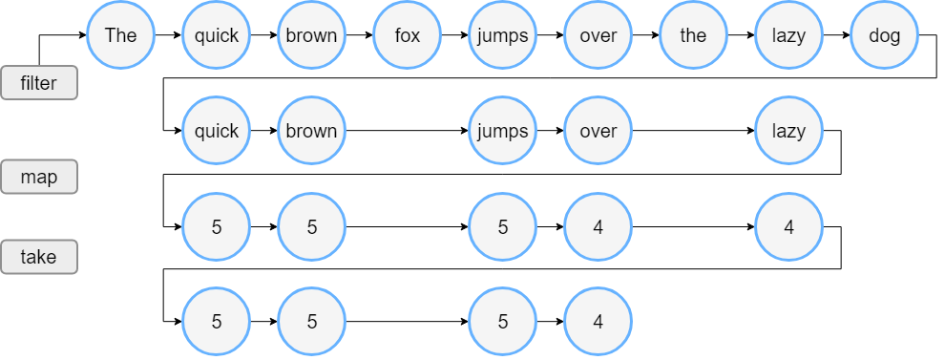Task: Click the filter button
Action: pyautogui.click(x=38, y=83)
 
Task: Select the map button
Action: pyautogui.click(x=38, y=178)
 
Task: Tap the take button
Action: pyautogui.click(x=38, y=257)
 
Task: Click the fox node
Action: pyautogui.click(x=408, y=36)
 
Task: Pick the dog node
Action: pyautogui.click(x=884, y=36)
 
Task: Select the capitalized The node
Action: pyautogui.click(x=121, y=36)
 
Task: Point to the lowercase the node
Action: pyautogui.click(x=693, y=36)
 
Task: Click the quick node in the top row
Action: pyautogui.click(x=217, y=36)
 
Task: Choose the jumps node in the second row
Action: pyautogui.click(x=503, y=131)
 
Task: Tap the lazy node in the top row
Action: pyautogui.click(x=788, y=36)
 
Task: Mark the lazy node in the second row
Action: pyautogui.click(x=788, y=131)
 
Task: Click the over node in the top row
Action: pyautogui.click(x=598, y=36)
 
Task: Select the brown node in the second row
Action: pyautogui.click(x=312, y=131)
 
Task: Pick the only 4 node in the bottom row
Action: pyautogui.click(x=598, y=322)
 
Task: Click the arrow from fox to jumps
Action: pyautogui.click(x=454, y=36)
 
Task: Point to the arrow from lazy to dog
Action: pyautogui.click(x=836, y=36)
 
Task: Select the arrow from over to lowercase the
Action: pyautogui.click(x=645, y=36)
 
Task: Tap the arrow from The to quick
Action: pyautogui.click(x=168, y=36)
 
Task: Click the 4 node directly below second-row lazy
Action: pyautogui.click(x=788, y=227)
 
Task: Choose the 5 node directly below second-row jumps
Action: pyautogui.click(x=503, y=227)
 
